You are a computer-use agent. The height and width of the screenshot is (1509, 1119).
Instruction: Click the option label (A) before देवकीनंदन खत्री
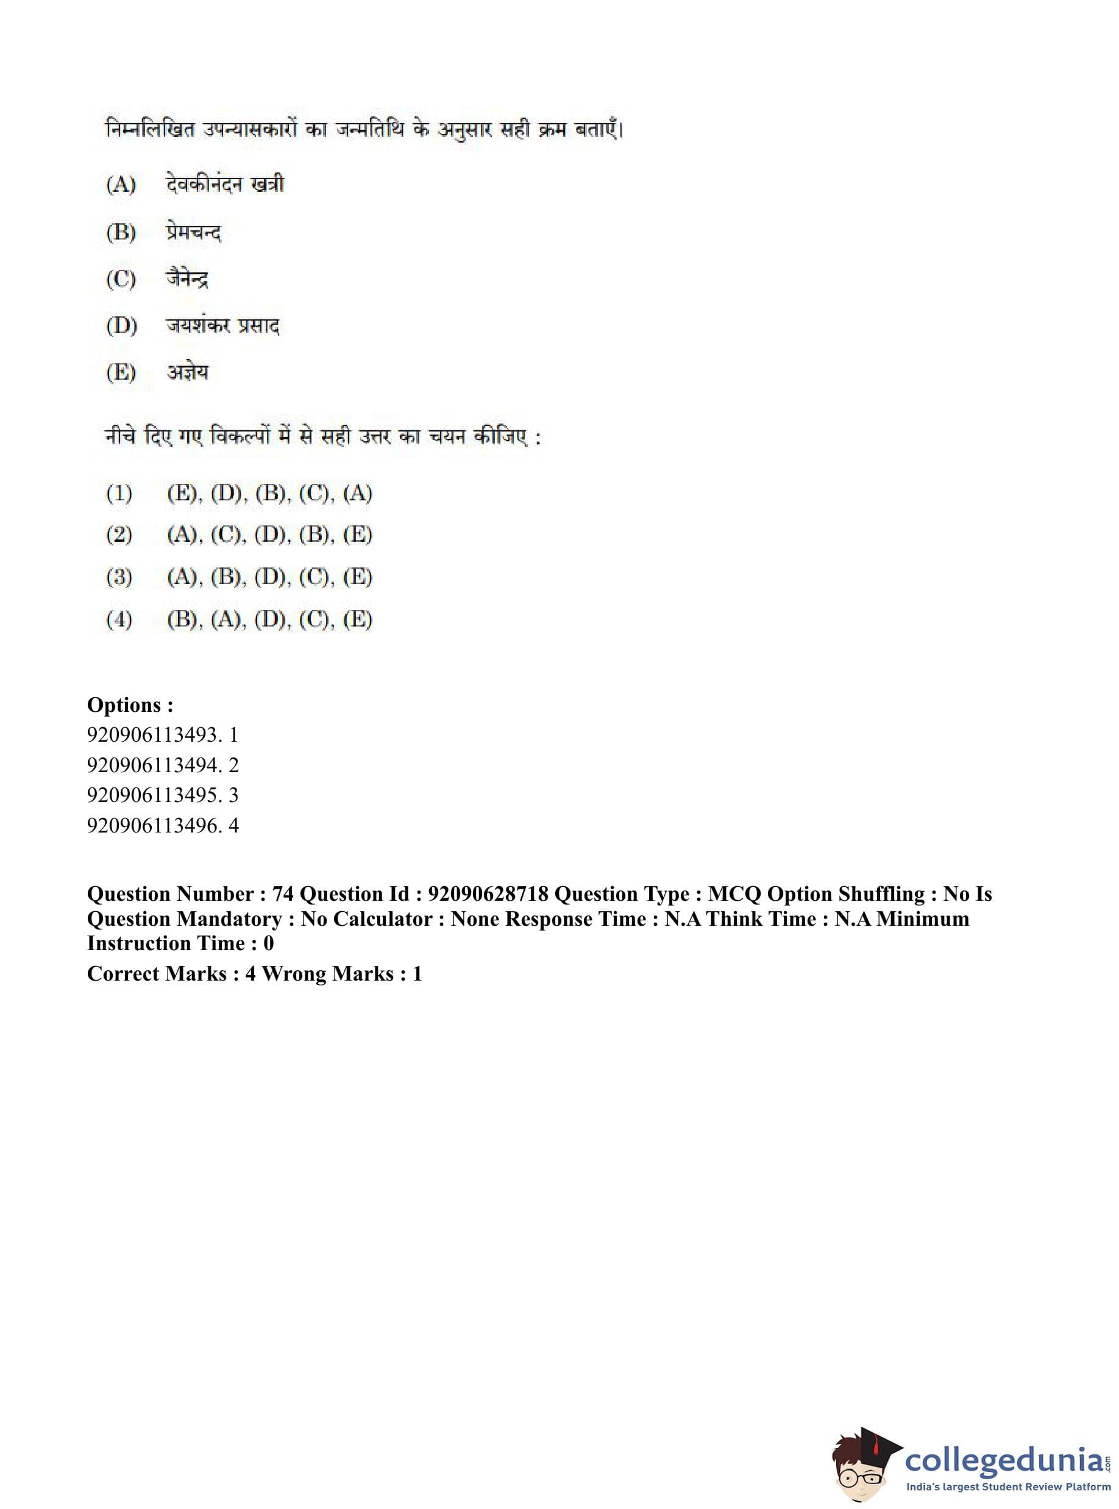coord(121,184)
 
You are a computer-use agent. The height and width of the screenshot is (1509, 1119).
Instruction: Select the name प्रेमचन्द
coord(194,232)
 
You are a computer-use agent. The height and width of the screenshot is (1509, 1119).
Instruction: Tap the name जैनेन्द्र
coord(187,279)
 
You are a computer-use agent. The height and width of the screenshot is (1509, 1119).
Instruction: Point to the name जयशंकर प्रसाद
coord(223,326)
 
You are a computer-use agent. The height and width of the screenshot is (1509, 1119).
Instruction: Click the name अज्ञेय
coord(188,372)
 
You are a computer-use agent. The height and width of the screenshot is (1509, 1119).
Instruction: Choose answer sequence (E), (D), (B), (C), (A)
coord(269,493)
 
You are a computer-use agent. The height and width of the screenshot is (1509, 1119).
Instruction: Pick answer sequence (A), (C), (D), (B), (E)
coord(269,535)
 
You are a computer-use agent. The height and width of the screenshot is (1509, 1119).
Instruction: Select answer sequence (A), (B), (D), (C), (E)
coord(269,577)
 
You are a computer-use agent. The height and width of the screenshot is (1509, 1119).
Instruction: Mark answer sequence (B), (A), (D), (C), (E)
coord(269,619)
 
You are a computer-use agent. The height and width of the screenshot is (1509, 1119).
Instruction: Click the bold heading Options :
coord(130,705)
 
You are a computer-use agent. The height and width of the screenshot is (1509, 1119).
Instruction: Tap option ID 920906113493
coord(153,735)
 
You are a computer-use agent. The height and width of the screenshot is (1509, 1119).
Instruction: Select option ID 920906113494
coord(153,765)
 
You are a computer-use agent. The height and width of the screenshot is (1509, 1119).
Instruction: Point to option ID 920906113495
coord(153,795)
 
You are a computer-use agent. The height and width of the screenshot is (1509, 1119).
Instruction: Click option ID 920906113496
coord(153,826)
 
